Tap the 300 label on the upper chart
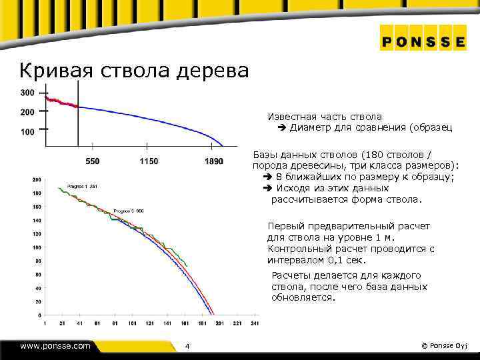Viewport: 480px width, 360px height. click(x=28, y=92)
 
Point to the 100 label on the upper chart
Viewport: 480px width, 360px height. click(x=28, y=132)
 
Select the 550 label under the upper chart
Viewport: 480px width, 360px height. click(x=93, y=162)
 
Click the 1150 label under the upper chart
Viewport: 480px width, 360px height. click(x=149, y=162)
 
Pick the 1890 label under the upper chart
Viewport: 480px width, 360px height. click(x=214, y=162)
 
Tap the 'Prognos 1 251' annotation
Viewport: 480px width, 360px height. click(x=83, y=186)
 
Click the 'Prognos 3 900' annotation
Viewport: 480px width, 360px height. click(x=129, y=211)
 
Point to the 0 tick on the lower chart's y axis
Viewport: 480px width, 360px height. click(x=39, y=315)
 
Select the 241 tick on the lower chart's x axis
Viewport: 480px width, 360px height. click(x=254, y=323)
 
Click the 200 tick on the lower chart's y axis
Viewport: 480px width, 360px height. click(x=36, y=179)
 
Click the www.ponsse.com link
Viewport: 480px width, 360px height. click(x=55, y=345)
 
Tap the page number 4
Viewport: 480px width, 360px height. click(x=187, y=346)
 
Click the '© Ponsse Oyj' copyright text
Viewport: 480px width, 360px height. click(x=446, y=345)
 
